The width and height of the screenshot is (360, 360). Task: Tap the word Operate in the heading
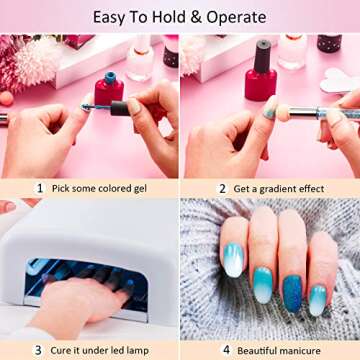click(x=235, y=17)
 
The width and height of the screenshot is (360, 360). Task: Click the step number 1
click(x=39, y=187)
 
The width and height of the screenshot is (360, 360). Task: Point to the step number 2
click(x=222, y=187)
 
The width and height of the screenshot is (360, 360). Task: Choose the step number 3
click(x=38, y=350)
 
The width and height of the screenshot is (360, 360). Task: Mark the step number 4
click(x=226, y=350)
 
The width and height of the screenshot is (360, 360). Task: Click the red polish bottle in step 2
click(x=261, y=75)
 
